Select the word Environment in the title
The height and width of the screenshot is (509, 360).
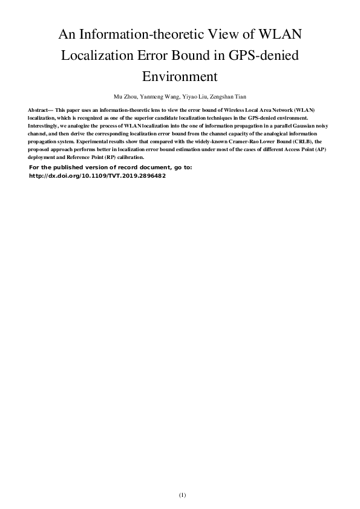(180, 76)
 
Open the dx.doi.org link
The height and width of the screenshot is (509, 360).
(97, 176)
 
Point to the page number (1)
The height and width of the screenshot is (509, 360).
(180, 496)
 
